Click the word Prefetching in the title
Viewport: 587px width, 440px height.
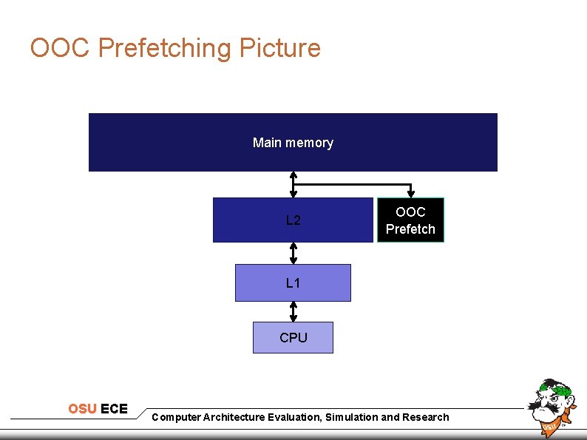coord(164,48)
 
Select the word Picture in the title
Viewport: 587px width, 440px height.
coord(279,48)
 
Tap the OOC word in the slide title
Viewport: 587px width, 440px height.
coord(61,48)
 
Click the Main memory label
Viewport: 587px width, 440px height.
coord(293,143)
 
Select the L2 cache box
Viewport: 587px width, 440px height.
coord(293,220)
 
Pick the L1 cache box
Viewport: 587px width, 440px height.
coord(293,282)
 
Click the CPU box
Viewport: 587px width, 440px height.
coord(293,337)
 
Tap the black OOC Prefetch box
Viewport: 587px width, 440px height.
coord(410,220)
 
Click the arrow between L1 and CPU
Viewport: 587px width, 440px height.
coord(293,311)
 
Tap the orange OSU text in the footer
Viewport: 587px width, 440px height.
coord(83,409)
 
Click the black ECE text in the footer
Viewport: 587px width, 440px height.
coord(114,409)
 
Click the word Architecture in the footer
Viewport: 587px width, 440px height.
coord(232,417)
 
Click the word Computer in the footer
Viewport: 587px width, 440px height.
coord(175,417)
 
